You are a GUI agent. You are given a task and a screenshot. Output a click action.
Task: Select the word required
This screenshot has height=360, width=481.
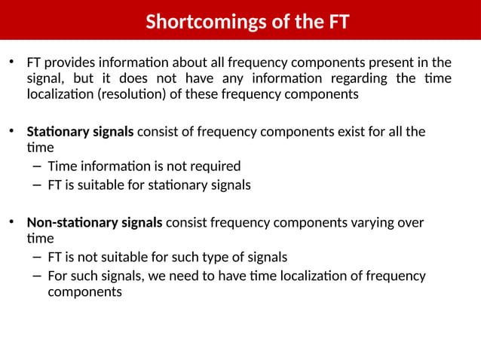pyautogui.click(x=213, y=166)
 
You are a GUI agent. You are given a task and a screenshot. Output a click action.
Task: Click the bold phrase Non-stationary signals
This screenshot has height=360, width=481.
pyautogui.click(x=94, y=223)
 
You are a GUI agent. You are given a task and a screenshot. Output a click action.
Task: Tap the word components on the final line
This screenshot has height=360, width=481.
pyautogui.click(x=84, y=291)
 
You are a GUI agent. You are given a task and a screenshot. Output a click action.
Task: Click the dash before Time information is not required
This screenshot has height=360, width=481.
pyautogui.click(x=37, y=166)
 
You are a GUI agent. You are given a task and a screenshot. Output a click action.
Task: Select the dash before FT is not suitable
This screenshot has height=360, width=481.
pyautogui.click(x=37, y=257)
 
